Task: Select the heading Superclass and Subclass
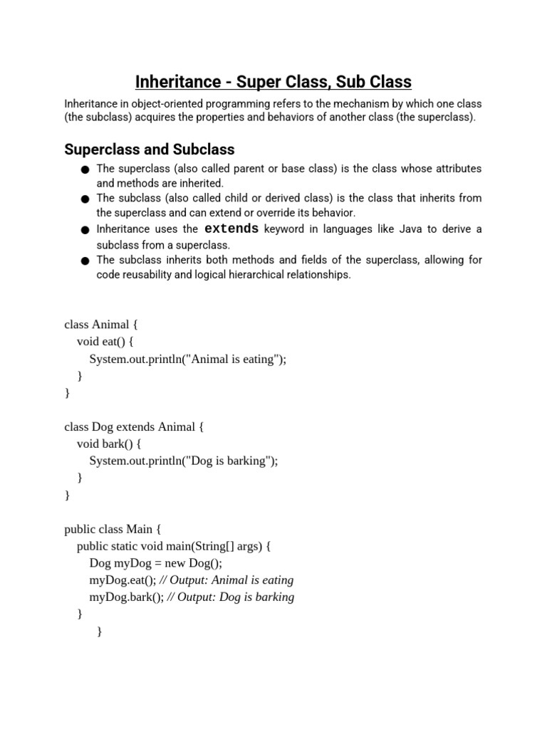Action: (x=149, y=150)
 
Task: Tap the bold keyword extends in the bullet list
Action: (x=231, y=229)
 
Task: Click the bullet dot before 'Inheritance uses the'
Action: (x=85, y=230)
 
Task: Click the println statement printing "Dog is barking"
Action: (x=184, y=461)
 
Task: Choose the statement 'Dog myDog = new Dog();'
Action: (x=155, y=563)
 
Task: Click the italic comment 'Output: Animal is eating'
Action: (x=231, y=580)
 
